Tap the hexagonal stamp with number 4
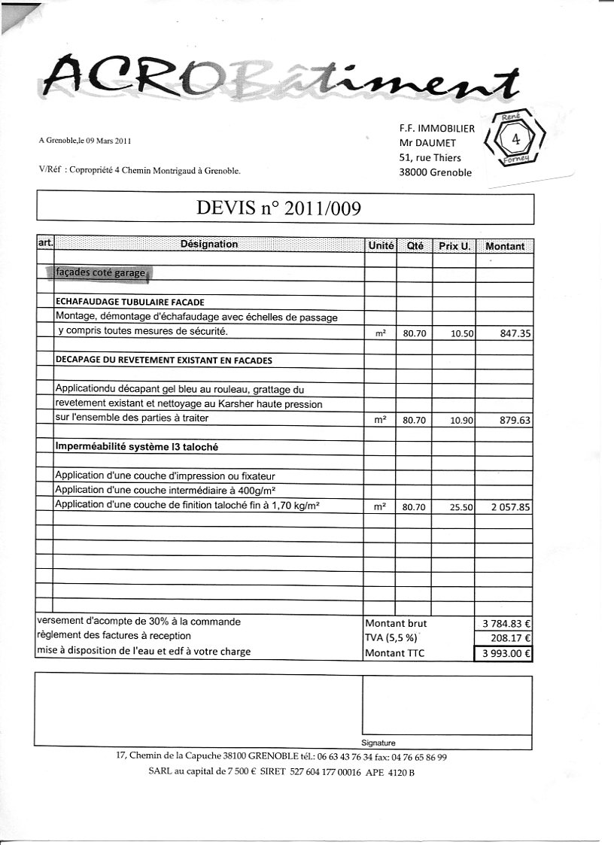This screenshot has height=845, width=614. pos(515,139)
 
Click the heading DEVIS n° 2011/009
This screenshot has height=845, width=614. pos(278,208)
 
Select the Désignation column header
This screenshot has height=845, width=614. pos(209,245)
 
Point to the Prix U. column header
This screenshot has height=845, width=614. pos(454,246)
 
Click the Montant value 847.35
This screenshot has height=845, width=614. pos(515,332)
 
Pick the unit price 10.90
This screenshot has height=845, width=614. pos(460,421)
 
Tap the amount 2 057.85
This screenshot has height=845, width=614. pos(511,508)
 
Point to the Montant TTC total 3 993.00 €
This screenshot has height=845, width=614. pos(506,653)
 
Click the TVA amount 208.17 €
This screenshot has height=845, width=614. pos(511,638)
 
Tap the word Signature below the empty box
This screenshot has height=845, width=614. pos(378,743)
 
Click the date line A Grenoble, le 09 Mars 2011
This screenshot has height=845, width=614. pos(85,140)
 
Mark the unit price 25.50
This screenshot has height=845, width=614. pos(460,508)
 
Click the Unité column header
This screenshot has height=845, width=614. pos(381,245)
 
